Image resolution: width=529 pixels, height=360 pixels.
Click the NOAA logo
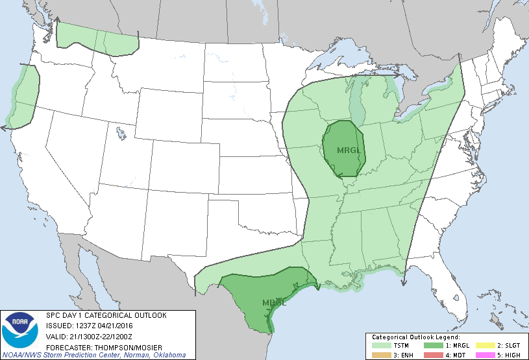pyautogui.click(x=19, y=331)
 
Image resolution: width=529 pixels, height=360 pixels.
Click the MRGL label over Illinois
pyautogui.click(x=348, y=150)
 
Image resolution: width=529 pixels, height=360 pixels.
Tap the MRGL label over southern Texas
pyautogui.click(x=273, y=302)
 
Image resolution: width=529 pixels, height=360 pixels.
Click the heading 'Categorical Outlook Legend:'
pyautogui.click(x=415, y=337)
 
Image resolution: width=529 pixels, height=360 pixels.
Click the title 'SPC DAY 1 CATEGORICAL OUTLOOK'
pyautogui.click(x=106, y=315)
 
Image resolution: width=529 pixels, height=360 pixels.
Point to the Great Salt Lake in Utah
pyautogui.click(x=121, y=135)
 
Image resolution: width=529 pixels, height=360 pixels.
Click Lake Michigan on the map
pyautogui.click(x=356, y=104)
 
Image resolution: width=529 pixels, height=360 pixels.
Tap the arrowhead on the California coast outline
pyautogui.click(x=4, y=128)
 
